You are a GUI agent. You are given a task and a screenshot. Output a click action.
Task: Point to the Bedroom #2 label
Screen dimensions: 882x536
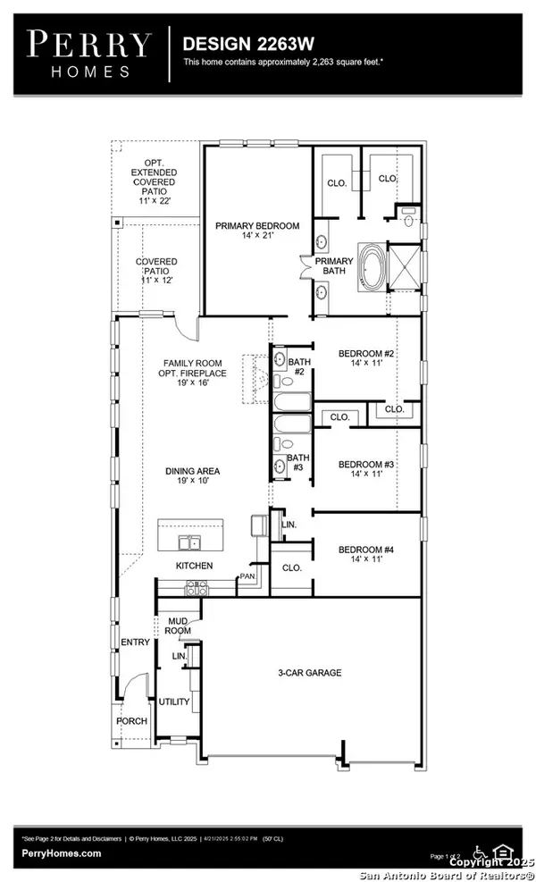pyautogui.click(x=366, y=360)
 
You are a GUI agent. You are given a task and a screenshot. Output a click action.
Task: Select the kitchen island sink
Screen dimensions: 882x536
pyautogui.click(x=188, y=542)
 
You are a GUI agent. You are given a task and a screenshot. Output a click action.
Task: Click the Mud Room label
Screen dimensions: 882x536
pyautogui.click(x=178, y=625)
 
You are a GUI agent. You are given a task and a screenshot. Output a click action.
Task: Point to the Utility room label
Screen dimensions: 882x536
pyautogui.click(x=174, y=702)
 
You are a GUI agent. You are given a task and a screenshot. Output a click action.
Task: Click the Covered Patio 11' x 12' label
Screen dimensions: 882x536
pyautogui.click(x=156, y=271)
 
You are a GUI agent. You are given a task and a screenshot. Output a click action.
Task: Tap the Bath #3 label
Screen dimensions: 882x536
pyautogui.click(x=297, y=464)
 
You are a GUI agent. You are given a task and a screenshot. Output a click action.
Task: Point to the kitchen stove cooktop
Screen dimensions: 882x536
pyautogui.click(x=195, y=588)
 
